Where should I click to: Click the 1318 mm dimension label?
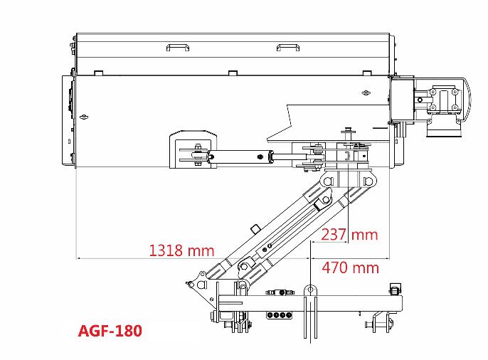coord(182,250)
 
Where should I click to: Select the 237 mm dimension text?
coord(349,234)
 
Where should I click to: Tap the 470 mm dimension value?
coord(351,268)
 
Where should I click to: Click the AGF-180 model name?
coord(110,330)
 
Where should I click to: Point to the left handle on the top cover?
coord(178,47)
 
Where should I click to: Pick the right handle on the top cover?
coord(288,47)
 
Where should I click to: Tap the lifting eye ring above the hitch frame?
coord(310,290)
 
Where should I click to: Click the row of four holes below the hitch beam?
coord(279,315)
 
